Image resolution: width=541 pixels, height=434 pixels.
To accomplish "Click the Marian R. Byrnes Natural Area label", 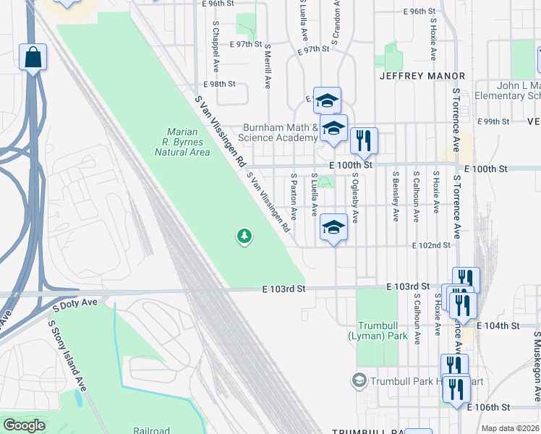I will click(187, 142).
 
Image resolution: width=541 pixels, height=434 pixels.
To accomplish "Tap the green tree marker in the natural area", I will click(244, 236).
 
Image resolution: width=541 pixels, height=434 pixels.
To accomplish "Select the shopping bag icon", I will click(33, 57).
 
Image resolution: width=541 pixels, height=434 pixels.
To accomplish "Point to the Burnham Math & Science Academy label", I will click(280, 132).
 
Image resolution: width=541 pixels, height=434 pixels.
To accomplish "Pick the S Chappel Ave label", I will click(216, 44).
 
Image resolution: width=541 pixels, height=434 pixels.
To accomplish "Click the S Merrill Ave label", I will click(267, 64).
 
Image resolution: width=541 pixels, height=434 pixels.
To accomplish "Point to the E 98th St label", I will click(221, 84).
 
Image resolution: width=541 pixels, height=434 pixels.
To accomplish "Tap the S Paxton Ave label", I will click(294, 196).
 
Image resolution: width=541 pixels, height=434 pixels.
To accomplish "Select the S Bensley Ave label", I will click(396, 195).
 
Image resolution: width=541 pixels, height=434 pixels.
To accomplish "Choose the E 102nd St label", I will click(431, 246).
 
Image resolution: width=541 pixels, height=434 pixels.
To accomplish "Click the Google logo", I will click(24, 425).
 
